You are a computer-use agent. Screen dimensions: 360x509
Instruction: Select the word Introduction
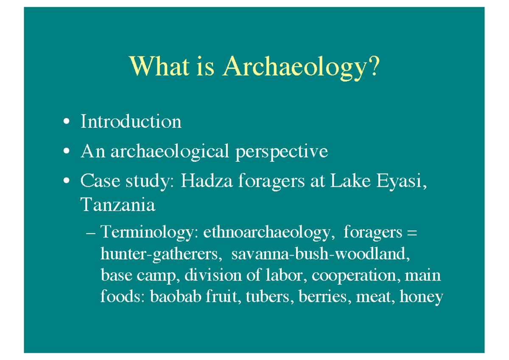pyautogui.click(x=131, y=122)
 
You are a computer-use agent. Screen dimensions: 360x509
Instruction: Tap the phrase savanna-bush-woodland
pyautogui.click(x=321, y=254)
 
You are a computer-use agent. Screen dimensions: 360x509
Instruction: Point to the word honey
pyautogui.click(x=422, y=297)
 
